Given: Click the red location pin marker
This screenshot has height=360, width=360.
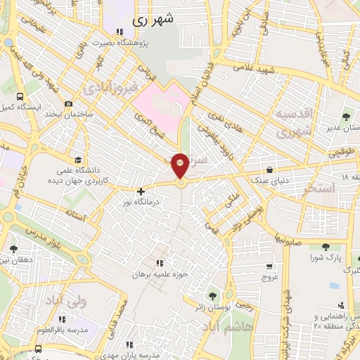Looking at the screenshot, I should pyautogui.click(x=181, y=166).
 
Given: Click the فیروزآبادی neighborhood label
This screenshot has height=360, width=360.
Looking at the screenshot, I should pyautogui.click(x=107, y=89).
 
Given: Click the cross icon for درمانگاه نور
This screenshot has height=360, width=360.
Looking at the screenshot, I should pyautogui.click(x=141, y=191).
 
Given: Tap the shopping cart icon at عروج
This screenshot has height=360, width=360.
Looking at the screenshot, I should pyautogui.click(x=269, y=266).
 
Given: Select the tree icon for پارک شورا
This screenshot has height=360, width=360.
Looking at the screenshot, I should pyautogui.click(x=326, y=247).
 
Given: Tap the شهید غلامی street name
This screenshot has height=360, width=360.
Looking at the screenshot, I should pyautogui.click(x=257, y=67).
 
